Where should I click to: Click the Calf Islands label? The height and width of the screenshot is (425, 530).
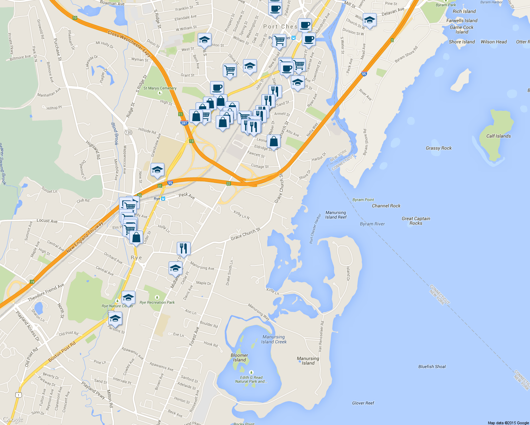click(x=498, y=136)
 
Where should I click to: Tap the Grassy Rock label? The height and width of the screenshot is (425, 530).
click(x=439, y=148)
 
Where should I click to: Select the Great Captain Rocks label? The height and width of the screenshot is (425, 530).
click(x=416, y=221)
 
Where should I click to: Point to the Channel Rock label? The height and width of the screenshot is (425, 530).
click(x=386, y=206)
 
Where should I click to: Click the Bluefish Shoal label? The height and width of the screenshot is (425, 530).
click(x=432, y=367)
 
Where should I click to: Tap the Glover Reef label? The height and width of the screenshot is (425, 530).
click(x=363, y=403)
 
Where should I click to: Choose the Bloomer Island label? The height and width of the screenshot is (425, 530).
click(x=239, y=358)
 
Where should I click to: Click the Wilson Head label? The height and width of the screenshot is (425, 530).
click(x=494, y=42)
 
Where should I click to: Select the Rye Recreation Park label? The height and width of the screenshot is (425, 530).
click(x=157, y=302)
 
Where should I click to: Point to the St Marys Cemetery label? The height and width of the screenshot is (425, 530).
click(x=160, y=88)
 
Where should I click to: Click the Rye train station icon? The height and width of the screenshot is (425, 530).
click(x=163, y=199)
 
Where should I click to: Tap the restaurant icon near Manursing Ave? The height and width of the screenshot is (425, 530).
click(x=183, y=248)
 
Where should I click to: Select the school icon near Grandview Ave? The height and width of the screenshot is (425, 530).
click(x=157, y=170)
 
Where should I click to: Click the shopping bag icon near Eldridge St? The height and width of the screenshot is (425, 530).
click(x=274, y=141)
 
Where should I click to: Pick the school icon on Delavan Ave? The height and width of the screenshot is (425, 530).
click(x=370, y=20)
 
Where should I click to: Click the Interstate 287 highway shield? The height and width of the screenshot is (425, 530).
click(x=184, y=123)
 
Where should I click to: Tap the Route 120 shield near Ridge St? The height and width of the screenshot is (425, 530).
click(x=128, y=132)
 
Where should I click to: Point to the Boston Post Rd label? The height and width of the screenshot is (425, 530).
click(x=62, y=352)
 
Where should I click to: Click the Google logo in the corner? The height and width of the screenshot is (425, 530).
click(x=13, y=420)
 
